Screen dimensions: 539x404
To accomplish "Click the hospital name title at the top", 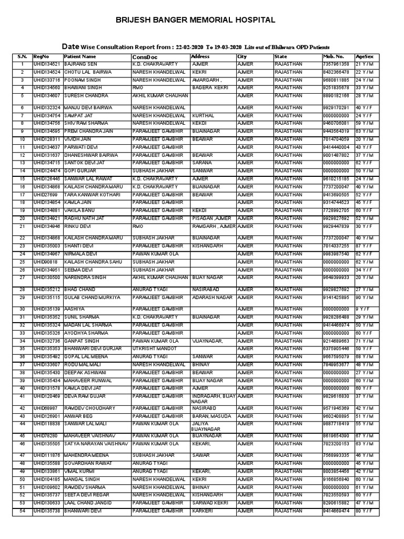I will point(203,21).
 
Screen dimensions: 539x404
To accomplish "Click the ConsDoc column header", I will point(145,56).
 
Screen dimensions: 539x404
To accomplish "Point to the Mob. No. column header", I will point(334,56).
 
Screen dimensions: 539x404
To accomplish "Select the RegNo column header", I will point(41,56).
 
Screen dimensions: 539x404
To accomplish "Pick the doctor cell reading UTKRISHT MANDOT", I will point(151,348).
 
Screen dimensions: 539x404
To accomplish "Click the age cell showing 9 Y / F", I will point(363,309).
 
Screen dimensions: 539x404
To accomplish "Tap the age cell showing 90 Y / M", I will point(364,297).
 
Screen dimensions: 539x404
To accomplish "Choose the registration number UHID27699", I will point(45,194).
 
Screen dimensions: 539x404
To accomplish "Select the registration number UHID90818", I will point(45,262).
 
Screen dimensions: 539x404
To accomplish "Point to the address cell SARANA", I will point(200,163).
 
